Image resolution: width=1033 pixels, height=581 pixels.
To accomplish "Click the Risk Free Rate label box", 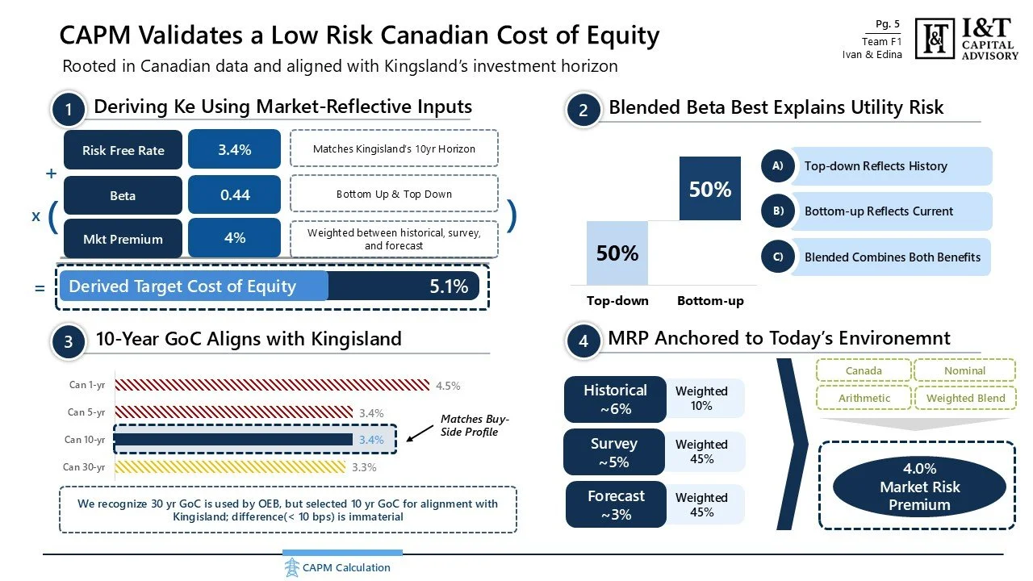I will click(x=123, y=150).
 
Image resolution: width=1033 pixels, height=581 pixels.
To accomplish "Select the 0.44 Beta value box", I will click(x=234, y=195).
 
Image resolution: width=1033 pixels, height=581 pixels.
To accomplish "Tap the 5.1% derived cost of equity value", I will click(x=449, y=286).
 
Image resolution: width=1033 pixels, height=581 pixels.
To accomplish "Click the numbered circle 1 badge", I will click(x=69, y=111).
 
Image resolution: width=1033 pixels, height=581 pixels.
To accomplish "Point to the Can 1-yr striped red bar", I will click(x=271, y=386).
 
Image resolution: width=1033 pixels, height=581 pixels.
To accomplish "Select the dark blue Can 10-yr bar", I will click(x=234, y=440).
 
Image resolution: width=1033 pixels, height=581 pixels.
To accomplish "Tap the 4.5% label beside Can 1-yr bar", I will click(x=448, y=386).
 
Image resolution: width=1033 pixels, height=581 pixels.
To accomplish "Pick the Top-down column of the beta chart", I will click(x=617, y=253).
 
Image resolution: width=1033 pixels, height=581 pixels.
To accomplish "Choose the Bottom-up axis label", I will click(x=710, y=301).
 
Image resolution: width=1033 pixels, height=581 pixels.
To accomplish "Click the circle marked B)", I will click(x=777, y=211).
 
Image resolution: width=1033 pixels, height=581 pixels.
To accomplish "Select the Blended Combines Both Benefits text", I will click(x=892, y=257).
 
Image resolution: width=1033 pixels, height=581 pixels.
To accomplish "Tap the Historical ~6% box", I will click(x=616, y=399).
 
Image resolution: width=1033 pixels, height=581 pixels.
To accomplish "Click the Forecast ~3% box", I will click(x=616, y=504).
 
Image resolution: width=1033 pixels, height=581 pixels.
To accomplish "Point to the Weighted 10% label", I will click(x=701, y=399).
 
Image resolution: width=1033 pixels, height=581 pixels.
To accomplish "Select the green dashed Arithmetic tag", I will click(x=864, y=398).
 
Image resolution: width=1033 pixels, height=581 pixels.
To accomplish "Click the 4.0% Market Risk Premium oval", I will click(x=919, y=487).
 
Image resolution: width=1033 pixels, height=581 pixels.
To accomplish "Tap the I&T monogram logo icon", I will click(x=936, y=39).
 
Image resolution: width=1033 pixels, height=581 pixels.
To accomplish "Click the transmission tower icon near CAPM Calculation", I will click(x=291, y=567).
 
